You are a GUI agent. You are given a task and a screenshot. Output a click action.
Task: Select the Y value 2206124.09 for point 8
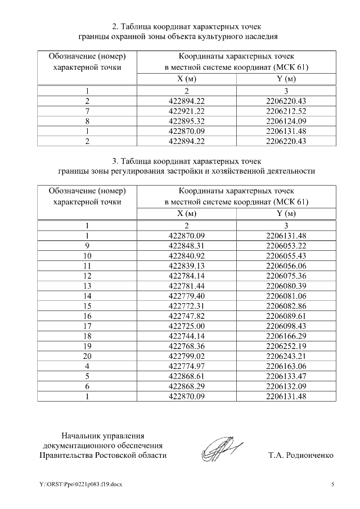pos(286,121)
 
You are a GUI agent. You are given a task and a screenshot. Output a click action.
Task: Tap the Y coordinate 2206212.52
pos(286,111)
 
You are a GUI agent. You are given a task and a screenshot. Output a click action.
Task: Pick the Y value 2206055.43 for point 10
pos(286,255)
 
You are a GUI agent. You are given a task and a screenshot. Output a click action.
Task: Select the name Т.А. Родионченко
pos(301,455)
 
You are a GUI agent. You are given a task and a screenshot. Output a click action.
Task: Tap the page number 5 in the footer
pos(332,484)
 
